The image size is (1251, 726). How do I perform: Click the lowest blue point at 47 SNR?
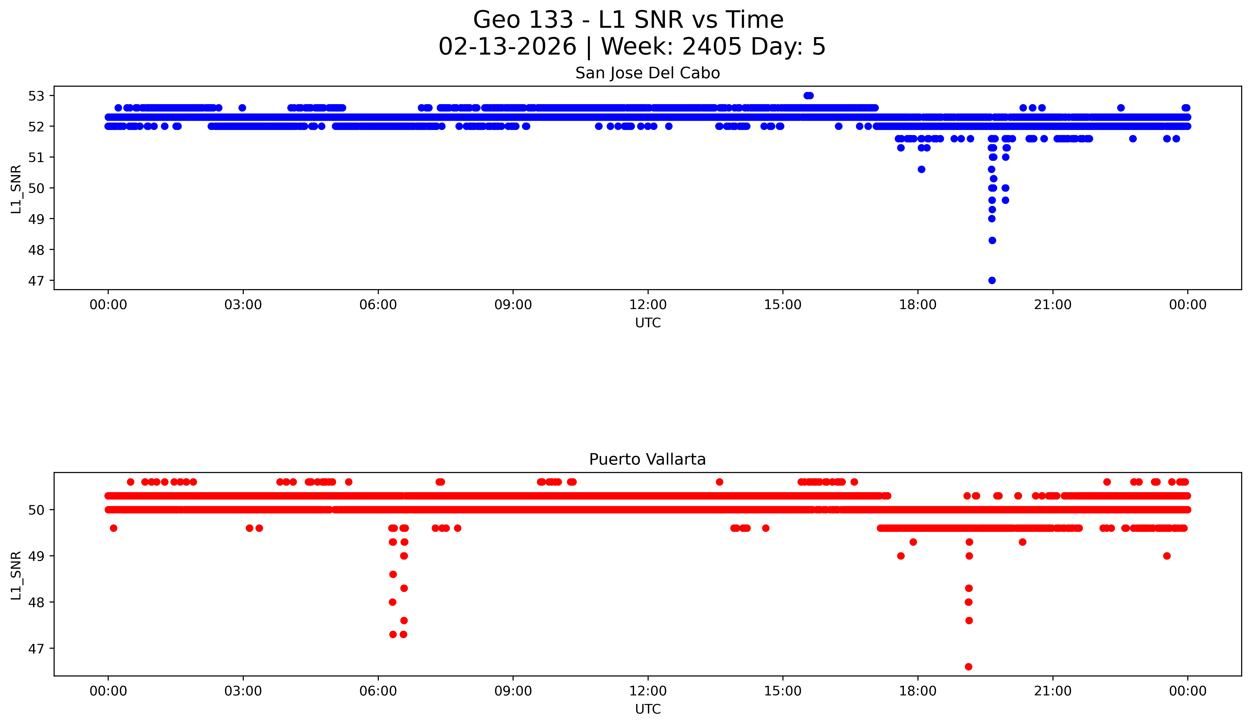(992, 280)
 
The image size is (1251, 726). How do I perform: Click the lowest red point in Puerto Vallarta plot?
(968, 666)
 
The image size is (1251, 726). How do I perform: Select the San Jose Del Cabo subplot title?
(647, 73)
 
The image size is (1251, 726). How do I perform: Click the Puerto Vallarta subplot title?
(647, 460)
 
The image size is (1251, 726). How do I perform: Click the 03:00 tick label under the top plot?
(243, 305)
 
